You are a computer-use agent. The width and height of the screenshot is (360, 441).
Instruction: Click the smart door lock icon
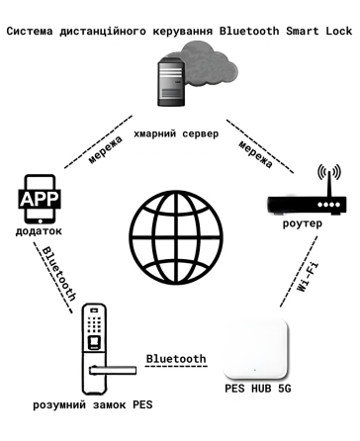95,346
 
